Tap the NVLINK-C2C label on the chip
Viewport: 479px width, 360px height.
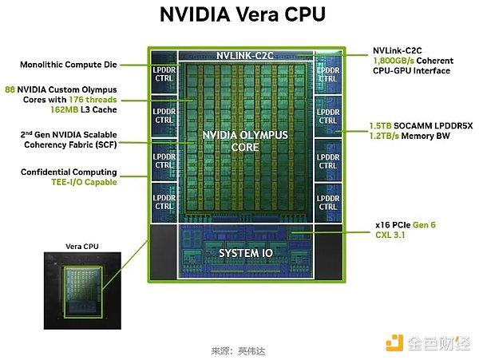[244, 56]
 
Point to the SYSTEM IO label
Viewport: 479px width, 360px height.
[244, 253]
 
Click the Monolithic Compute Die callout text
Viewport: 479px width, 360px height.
[69, 63]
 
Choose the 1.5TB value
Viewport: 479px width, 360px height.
[380, 125]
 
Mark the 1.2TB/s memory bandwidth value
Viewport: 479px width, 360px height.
[386, 136]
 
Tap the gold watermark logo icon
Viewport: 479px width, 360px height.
[394, 343]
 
